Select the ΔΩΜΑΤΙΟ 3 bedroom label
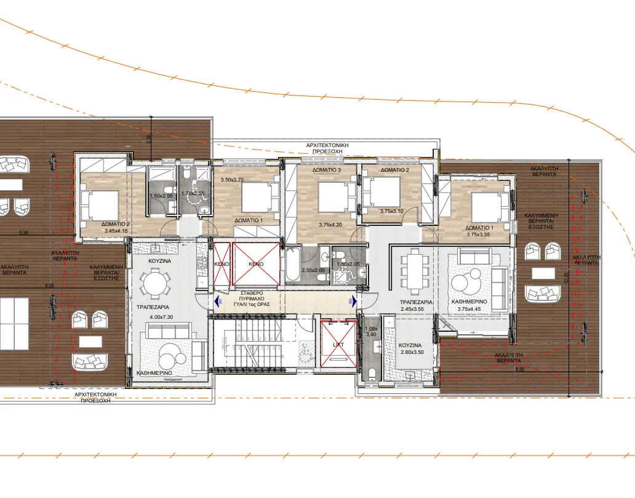point(325,170)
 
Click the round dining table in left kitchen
point(153,284)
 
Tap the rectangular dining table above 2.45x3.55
point(412,271)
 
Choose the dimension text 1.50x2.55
point(161,196)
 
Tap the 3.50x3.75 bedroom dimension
point(233,180)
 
